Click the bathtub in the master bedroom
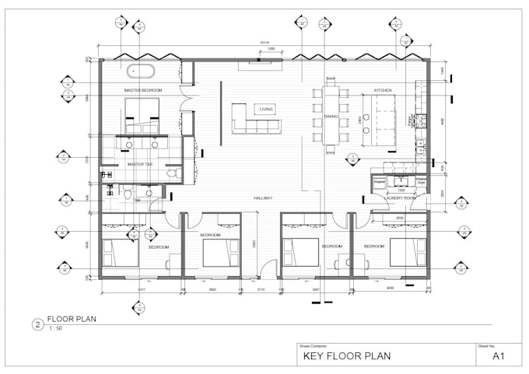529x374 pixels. coord(142,71)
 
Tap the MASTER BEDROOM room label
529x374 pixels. coord(142,90)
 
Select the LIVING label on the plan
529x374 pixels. coord(266,110)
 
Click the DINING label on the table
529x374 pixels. coord(331,116)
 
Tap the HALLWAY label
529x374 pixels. coord(262,198)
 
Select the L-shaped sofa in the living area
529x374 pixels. coord(250,119)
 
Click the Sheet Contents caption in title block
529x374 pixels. coord(314,345)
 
